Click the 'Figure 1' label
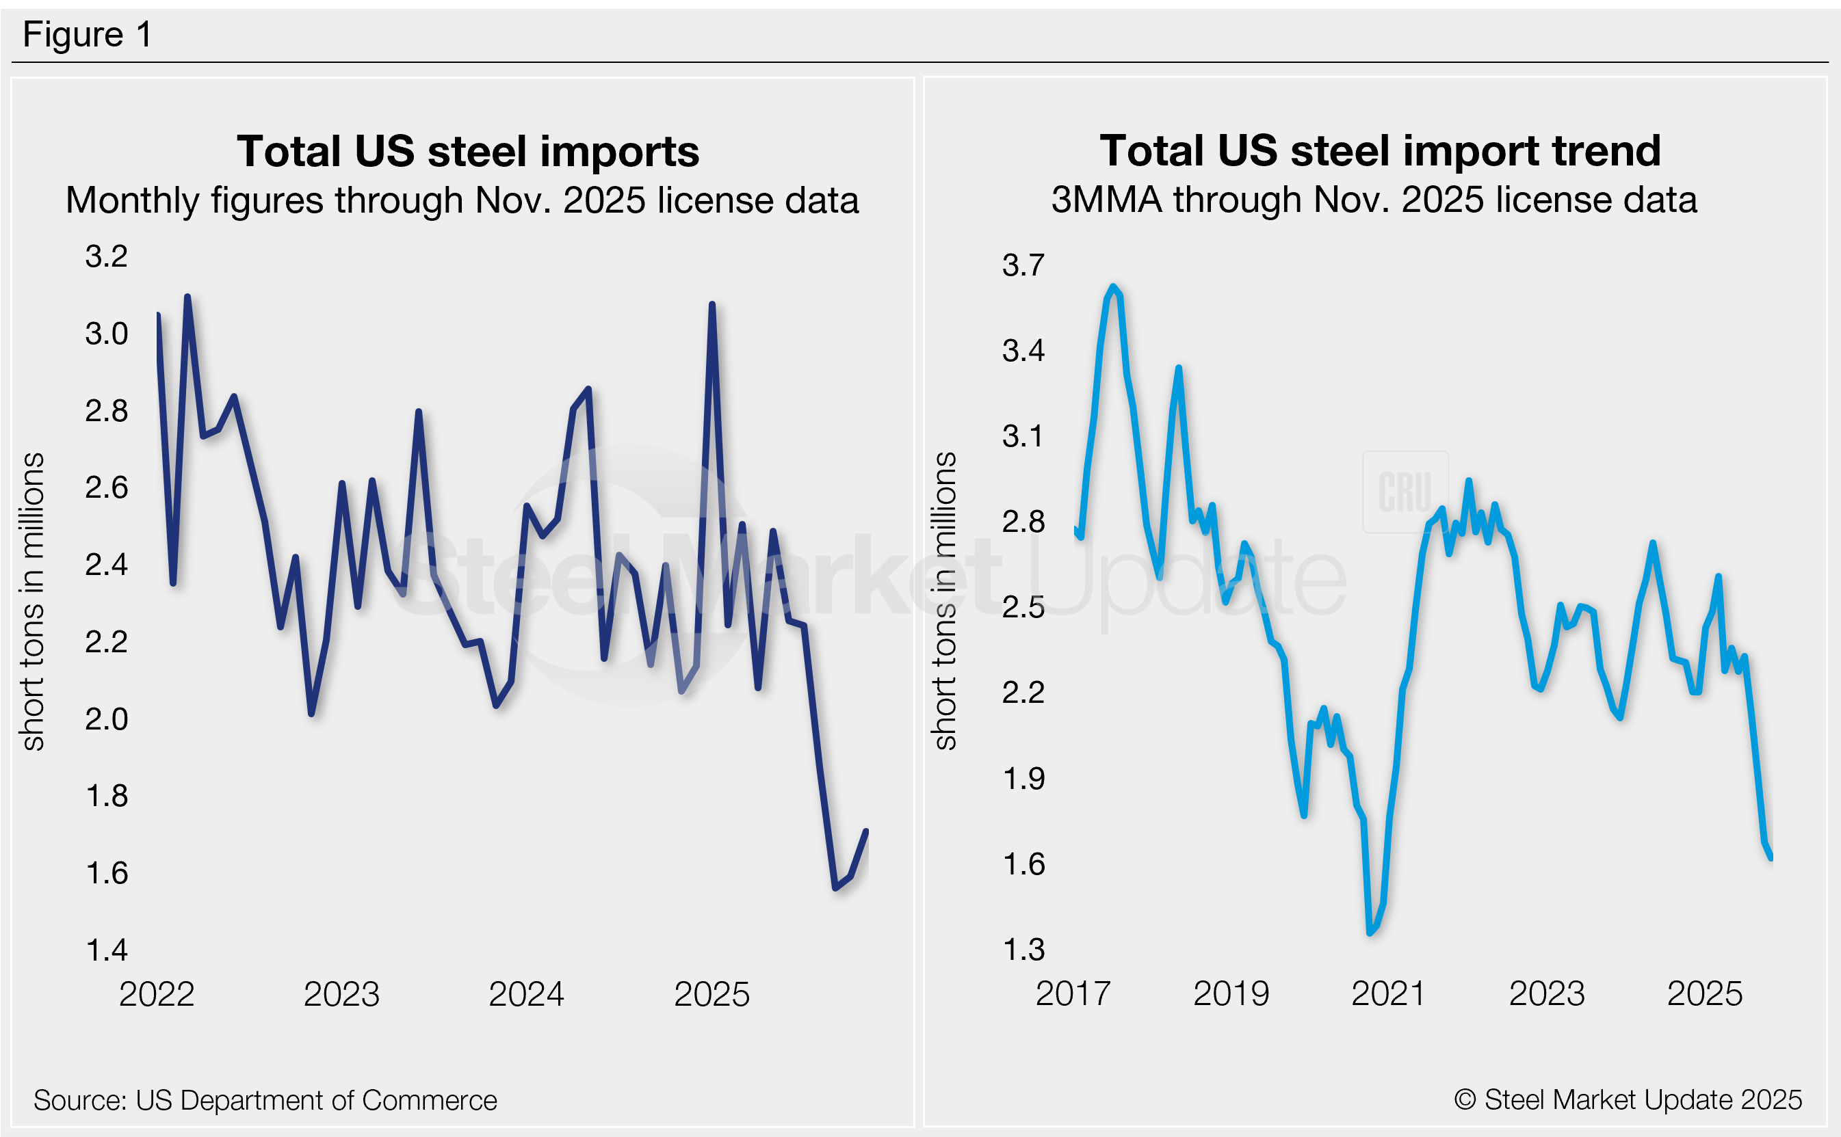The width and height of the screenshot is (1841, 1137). pyautogui.click(x=88, y=35)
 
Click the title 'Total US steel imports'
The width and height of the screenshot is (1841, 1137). pyautogui.click(x=467, y=151)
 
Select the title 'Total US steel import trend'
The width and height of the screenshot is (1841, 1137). pyautogui.click(x=1380, y=150)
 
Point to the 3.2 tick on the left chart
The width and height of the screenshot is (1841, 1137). pyautogui.click(x=106, y=256)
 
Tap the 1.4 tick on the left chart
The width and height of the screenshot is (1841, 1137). pyautogui.click(x=107, y=950)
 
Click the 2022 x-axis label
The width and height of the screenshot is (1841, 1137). pyautogui.click(x=157, y=994)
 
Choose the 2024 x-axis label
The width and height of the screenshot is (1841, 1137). pyautogui.click(x=526, y=994)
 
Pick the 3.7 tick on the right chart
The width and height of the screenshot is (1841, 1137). pyautogui.click(x=1023, y=265)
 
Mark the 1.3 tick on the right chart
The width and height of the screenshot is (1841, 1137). pyautogui.click(x=1024, y=950)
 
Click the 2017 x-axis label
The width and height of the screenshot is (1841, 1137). pyautogui.click(x=1073, y=993)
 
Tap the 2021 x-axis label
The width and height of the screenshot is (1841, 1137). pyautogui.click(x=1389, y=993)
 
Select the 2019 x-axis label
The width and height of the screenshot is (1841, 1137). pyautogui.click(x=1231, y=993)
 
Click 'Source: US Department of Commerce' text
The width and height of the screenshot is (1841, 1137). pyautogui.click(x=265, y=1100)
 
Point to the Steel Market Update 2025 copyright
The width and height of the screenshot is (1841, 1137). pyautogui.click(x=1628, y=1099)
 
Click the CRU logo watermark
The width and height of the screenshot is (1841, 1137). pyautogui.click(x=1405, y=492)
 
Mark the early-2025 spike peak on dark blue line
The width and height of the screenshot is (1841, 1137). pyautogui.click(x=711, y=304)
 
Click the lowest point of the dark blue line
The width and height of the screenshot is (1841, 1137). pyautogui.click(x=835, y=888)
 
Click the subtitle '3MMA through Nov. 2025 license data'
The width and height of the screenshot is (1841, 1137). pyautogui.click(x=1374, y=200)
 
